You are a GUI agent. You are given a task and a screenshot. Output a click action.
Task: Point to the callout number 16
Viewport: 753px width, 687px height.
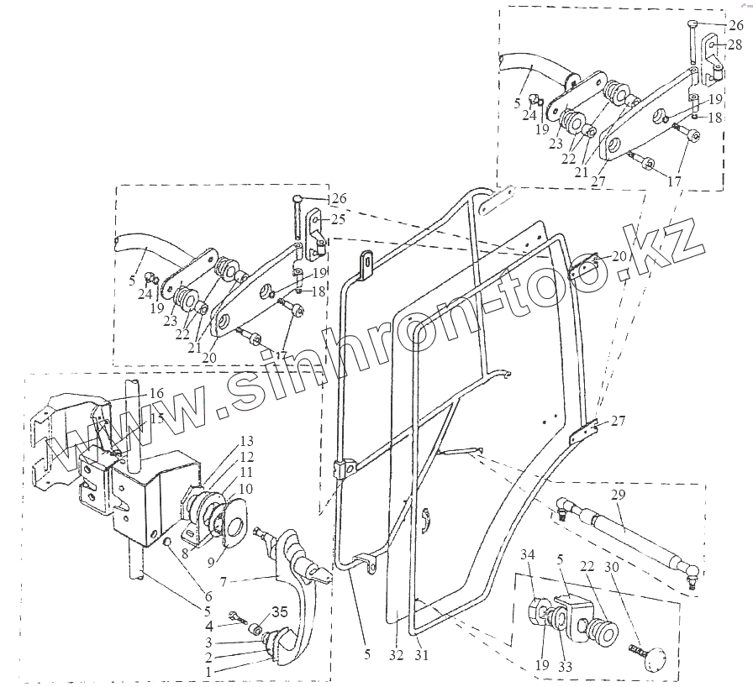pos(157,393)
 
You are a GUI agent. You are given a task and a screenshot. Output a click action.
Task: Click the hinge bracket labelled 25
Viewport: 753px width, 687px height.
pos(318,233)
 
